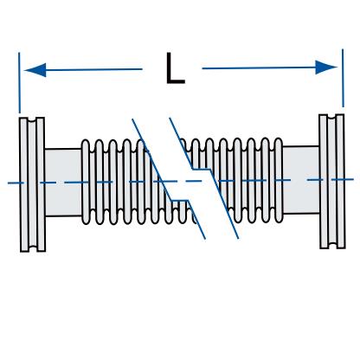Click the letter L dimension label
coord(175,68)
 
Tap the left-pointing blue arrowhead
coord(35,70)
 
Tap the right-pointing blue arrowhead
coord(326,67)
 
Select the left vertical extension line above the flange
coord(19,83)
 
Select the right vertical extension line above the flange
coord(343,78)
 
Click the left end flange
coord(32,184)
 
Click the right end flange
coord(332,182)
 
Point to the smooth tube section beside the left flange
coord(63,183)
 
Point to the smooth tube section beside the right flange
coord(301,180)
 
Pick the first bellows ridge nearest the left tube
coord(86,182)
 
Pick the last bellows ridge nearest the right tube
coord(279,180)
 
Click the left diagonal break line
coord(169,179)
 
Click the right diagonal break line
coord(204,178)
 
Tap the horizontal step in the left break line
coord(179,200)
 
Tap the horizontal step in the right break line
coord(202,170)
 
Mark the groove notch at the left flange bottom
coord(33,248)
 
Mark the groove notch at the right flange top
coord(332,117)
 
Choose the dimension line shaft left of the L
coord(94,69)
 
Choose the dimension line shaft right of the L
coord(259,67)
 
